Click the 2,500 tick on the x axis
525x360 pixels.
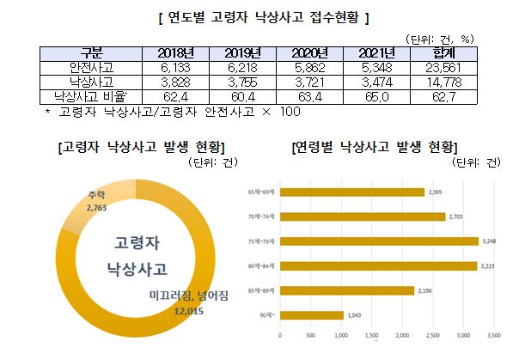[x=433, y=335]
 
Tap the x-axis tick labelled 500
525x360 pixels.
[x=310, y=335]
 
